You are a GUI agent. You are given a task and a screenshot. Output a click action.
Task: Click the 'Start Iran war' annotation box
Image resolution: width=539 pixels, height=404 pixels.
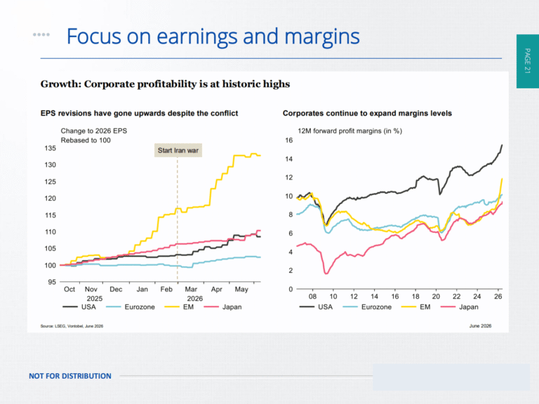point(178,151)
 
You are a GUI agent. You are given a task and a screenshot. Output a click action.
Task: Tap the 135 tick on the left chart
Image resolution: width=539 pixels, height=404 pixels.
point(51,149)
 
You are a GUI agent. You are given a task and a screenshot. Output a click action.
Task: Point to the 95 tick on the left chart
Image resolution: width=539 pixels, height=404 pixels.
point(52,282)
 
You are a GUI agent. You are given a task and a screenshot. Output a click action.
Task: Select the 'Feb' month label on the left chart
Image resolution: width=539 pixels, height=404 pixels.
point(166,289)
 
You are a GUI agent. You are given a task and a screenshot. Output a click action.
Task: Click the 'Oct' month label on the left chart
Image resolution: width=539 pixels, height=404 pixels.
point(69,289)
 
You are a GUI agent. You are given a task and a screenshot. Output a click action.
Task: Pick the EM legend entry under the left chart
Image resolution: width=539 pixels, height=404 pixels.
point(179,307)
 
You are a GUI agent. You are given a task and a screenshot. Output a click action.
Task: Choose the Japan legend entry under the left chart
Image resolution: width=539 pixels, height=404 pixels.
point(222,307)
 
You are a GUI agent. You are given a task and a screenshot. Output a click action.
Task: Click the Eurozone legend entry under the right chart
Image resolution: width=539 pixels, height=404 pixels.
point(367,307)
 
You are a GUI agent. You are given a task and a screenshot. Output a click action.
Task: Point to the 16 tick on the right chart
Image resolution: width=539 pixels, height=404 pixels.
point(288,140)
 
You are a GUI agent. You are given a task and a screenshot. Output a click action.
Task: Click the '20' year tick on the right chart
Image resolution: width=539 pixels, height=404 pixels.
point(436,297)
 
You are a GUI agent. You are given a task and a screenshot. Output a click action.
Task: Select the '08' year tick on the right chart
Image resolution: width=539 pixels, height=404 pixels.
point(312,297)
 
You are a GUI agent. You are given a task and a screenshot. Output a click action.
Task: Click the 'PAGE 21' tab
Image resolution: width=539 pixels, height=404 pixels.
point(527,61)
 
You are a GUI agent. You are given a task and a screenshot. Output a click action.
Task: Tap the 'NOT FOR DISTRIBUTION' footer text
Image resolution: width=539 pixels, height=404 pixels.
point(70,376)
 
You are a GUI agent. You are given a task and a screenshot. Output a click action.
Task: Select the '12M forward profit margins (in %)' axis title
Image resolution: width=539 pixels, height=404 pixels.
point(350,131)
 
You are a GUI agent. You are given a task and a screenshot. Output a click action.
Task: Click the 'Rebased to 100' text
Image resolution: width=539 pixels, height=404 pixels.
point(86,140)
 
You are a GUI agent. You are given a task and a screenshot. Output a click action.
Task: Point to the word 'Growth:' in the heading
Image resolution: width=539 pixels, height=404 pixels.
point(60,84)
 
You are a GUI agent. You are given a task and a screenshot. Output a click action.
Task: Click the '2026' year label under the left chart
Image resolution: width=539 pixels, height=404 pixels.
point(195,299)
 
